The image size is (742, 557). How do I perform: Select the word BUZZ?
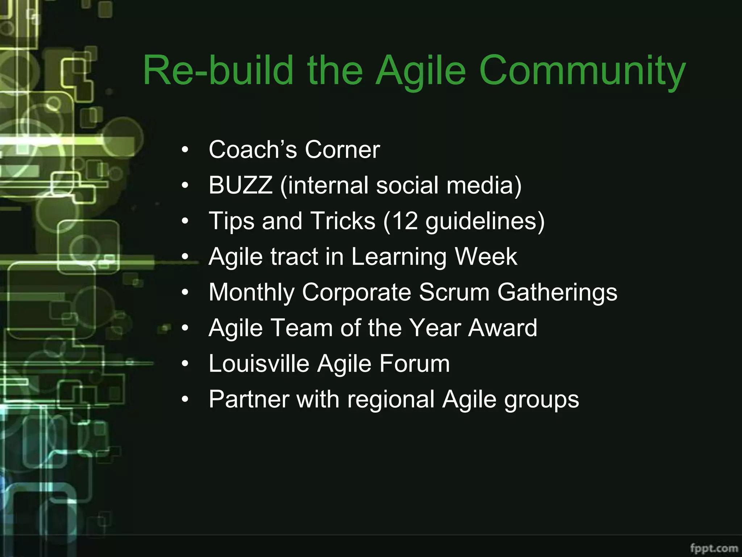tap(241, 185)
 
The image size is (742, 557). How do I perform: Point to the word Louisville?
tap(259, 363)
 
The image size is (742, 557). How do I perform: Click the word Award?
tap(503, 328)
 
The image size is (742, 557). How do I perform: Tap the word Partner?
tap(249, 399)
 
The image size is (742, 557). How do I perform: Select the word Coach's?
tap(253, 149)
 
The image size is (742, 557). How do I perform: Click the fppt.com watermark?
tap(714, 548)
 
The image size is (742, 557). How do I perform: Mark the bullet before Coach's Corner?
tap(185, 150)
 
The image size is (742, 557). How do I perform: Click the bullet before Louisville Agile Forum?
tap(185, 364)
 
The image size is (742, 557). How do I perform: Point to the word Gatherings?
tap(557, 292)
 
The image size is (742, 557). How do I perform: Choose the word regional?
tap(391, 399)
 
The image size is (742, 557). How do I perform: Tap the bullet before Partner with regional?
tap(185, 400)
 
